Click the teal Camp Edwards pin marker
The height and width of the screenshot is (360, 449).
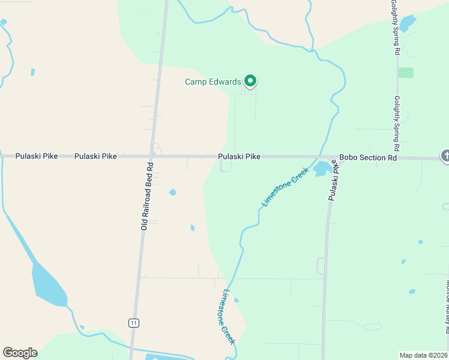(250, 81)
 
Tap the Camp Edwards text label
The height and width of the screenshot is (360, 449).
(212, 82)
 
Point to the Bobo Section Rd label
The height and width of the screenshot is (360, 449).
(368, 158)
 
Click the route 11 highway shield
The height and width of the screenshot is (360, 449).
(133, 323)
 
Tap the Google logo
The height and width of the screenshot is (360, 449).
(20, 353)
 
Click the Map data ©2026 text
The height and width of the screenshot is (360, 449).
(423, 355)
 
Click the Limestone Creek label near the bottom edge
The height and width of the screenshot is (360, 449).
(228, 317)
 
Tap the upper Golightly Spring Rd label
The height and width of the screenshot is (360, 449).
(394, 28)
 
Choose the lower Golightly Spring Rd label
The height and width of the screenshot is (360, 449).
(397, 123)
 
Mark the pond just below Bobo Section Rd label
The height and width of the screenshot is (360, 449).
(322, 168)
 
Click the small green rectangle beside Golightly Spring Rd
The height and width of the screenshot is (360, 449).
(406, 73)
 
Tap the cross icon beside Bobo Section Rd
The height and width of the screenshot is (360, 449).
(445, 156)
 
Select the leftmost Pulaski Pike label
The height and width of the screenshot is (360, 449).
(37, 156)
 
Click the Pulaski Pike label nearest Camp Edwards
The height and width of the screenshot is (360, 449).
(239, 157)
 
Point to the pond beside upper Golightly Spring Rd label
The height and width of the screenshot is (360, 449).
(408, 23)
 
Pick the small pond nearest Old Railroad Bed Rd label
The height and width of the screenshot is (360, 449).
(173, 193)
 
